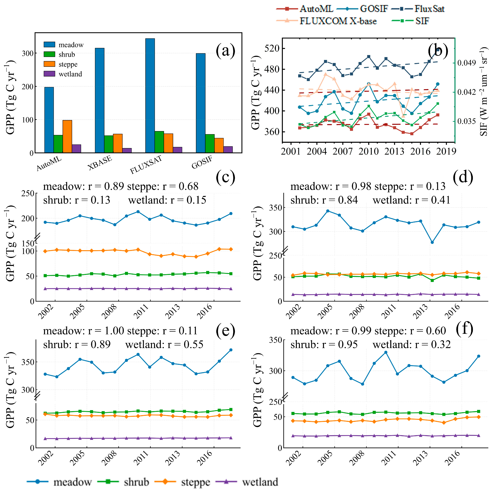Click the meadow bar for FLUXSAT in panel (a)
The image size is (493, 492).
[150, 96]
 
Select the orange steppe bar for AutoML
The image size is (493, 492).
[67, 136]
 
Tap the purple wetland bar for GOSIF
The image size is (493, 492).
[228, 150]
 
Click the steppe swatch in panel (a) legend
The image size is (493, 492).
[49, 64]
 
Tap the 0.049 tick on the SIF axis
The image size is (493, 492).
[467, 63]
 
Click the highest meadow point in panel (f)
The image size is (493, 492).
[386, 352]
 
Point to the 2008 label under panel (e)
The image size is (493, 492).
[109, 458]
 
